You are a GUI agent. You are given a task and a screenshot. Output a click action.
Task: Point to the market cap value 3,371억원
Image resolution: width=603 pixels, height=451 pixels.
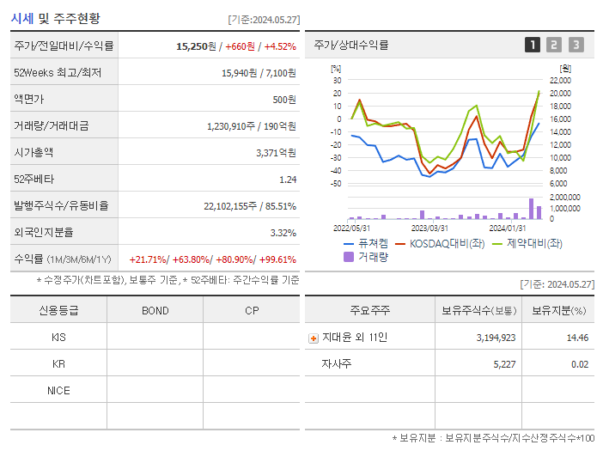pos(276,153)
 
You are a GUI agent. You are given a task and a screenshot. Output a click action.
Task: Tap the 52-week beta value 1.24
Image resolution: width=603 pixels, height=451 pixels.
pos(287,180)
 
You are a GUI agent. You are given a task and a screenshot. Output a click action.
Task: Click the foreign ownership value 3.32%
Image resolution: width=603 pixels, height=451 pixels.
pos(283,233)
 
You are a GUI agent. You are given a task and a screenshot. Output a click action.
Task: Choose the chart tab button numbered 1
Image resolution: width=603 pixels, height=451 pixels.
pos(533,45)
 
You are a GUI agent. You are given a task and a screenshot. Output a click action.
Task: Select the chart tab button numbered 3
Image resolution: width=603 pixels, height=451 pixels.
pos(576,45)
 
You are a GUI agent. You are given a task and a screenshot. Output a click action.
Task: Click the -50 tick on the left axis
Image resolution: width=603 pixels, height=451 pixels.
pos(336,184)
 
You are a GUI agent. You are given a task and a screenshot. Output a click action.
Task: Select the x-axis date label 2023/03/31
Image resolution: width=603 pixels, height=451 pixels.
pos(429,228)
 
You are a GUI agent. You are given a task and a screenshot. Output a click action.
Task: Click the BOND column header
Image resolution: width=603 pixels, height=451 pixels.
pos(155,311)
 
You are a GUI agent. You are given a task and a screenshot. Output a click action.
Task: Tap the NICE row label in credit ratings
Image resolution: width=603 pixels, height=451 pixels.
pos(58,391)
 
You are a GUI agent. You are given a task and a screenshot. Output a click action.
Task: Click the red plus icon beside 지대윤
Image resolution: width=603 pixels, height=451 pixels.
pos(314,338)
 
